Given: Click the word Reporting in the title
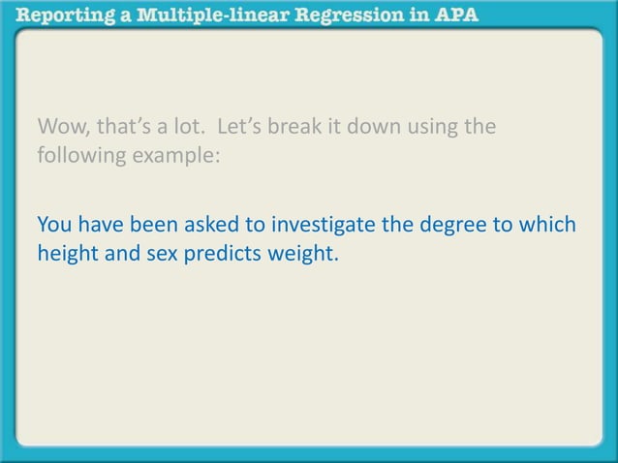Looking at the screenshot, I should click(x=63, y=17).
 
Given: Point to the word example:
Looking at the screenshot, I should click(x=174, y=155).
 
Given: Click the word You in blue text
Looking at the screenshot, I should click(x=54, y=226).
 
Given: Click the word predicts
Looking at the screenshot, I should click(x=221, y=254).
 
